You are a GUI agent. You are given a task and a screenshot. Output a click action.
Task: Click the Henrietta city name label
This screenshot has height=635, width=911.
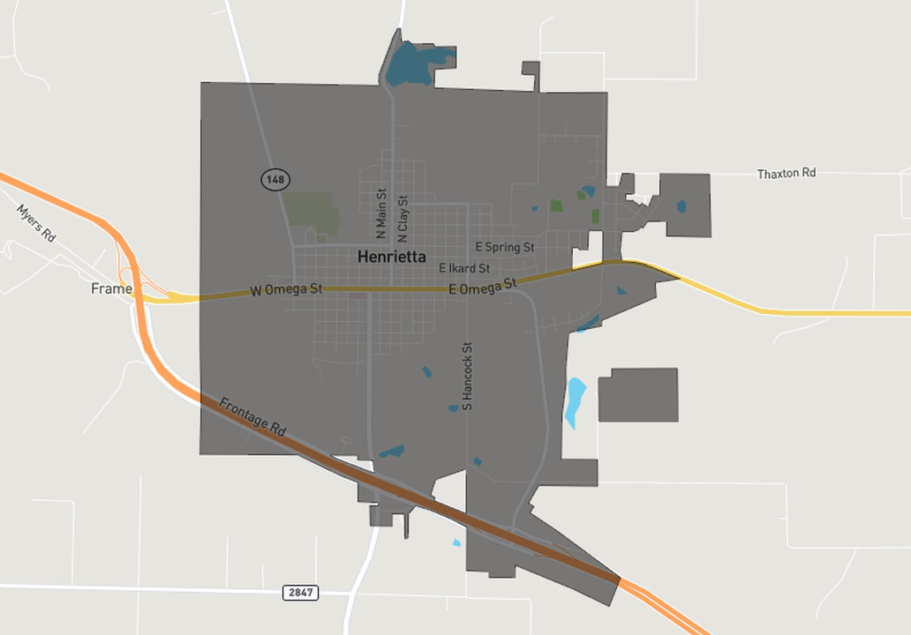(x=391, y=258)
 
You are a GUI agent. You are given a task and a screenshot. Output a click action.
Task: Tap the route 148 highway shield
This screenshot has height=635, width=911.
(x=275, y=180)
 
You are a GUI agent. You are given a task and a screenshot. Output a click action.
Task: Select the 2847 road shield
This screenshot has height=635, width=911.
(x=300, y=593)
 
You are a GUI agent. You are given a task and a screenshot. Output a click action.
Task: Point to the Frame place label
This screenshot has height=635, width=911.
(x=111, y=288)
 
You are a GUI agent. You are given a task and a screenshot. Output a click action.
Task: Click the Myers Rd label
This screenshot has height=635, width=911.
(x=36, y=224)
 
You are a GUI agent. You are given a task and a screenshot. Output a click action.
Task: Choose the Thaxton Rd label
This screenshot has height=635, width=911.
(x=787, y=174)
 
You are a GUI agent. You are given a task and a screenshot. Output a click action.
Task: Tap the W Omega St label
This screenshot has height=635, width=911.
(x=287, y=289)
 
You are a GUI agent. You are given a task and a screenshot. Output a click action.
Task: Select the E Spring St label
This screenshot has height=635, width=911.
(x=504, y=247)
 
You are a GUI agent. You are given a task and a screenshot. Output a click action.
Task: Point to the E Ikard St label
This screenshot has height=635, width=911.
(x=463, y=267)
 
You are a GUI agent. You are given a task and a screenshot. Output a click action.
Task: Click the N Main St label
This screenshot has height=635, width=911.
(x=381, y=213)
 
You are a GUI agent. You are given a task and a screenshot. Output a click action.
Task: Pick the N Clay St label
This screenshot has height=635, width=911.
(x=403, y=219)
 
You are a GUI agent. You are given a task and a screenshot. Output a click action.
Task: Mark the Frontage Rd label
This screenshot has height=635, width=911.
(x=252, y=417)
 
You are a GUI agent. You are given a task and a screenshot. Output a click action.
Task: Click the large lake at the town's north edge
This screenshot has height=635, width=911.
(x=411, y=64)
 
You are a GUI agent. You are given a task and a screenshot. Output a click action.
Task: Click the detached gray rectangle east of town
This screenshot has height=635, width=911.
(x=638, y=395)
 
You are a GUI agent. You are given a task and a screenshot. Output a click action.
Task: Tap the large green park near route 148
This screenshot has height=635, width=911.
(x=311, y=211)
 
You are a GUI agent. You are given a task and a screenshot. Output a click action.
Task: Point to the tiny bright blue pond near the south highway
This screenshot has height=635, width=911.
(x=456, y=543)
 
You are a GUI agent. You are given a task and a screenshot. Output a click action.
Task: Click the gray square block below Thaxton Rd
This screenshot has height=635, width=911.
(x=686, y=205)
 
